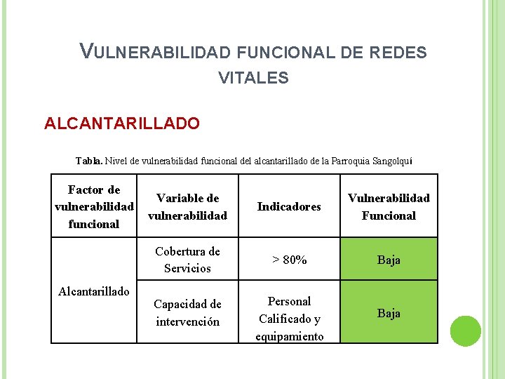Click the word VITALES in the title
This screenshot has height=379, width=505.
coord(253,78)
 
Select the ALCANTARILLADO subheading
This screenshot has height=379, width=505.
coord(122,124)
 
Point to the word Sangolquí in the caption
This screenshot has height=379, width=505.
coord(390,161)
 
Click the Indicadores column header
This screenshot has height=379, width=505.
coord(289,206)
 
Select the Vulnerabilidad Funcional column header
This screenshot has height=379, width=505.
coord(389,206)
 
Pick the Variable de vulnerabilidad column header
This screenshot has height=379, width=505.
coord(187,207)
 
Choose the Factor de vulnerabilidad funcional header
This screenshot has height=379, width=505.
coord(94,206)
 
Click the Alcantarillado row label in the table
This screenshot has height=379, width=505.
coord(94,291)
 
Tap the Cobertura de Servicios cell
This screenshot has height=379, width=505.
coord(187,260)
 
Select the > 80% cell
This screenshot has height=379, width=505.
coord(289,260)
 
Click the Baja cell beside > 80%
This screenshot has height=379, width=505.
coord(389,260)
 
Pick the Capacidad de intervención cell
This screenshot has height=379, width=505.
coord(187,313)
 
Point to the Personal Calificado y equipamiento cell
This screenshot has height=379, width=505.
coord(289,319)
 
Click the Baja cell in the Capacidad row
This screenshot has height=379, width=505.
coord(389,313)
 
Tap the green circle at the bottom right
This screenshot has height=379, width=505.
coord(465,331)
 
